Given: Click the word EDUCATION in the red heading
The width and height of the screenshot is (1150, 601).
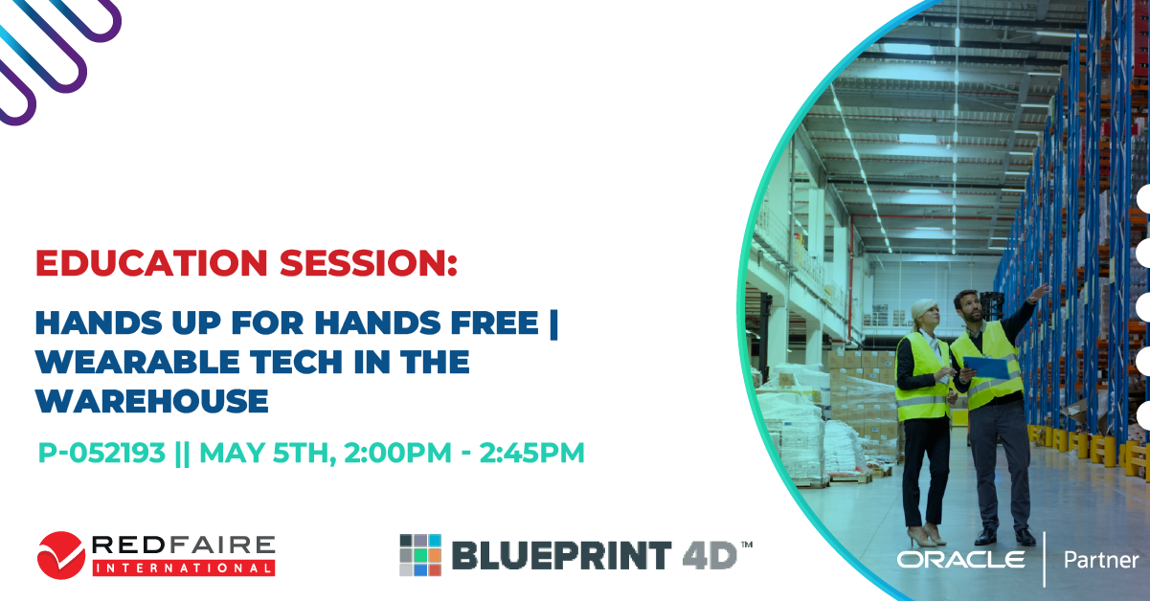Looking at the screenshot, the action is pos(152,263).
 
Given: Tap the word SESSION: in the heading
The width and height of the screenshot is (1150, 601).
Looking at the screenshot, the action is pos(368,263).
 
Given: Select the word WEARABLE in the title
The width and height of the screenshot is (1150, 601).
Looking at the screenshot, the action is pos(138,362).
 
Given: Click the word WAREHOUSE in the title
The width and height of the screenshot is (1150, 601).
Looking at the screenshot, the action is pos(152,401).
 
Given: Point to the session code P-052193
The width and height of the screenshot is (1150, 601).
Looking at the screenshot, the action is pos(101,453).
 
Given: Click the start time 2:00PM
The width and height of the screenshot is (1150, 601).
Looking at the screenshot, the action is pos(397,453).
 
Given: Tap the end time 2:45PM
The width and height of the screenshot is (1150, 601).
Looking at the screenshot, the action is pos(531,453).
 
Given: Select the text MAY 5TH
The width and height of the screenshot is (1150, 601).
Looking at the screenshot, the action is pos(267,454).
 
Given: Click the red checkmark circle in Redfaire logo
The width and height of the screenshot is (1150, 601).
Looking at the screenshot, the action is pos(61,555).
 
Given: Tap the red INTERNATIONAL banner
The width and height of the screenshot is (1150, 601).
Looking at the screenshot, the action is pos(184,568).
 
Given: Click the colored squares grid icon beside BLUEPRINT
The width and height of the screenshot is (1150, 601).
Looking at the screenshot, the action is pos(420,555).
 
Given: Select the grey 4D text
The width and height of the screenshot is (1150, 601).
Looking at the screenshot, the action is pos(710,555).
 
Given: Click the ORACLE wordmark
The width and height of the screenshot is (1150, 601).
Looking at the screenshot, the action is pos(960,560).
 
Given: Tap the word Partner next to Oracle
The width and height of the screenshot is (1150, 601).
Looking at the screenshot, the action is pos(1102,561).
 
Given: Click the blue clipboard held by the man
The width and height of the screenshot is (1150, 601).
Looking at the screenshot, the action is pos(986,367).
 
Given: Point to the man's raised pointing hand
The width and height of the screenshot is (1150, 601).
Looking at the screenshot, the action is pos(1039,293).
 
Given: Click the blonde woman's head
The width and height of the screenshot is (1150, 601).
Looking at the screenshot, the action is pos(925,313).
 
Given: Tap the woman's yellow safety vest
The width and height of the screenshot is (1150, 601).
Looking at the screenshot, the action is pos(921,377).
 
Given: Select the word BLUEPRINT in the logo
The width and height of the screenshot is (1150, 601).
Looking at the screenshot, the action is pos(561,555).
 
